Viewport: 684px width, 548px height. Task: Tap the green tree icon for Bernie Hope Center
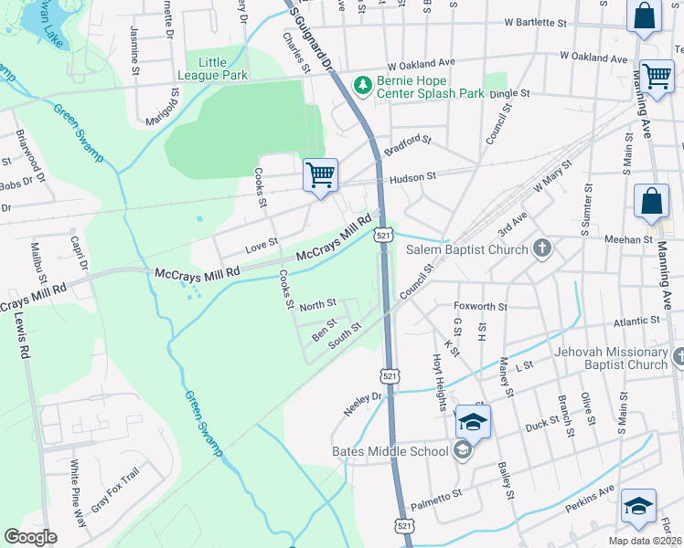point(364,85)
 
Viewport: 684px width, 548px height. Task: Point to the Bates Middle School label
point(390,450)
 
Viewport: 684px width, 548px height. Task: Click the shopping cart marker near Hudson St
point(320,174)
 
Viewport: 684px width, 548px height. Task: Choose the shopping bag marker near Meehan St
point(651,203)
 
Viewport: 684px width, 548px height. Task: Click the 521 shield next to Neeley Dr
point(390,375)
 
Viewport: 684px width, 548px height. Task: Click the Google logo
point(30,537)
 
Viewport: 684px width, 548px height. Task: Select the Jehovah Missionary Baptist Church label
point(611,358)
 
